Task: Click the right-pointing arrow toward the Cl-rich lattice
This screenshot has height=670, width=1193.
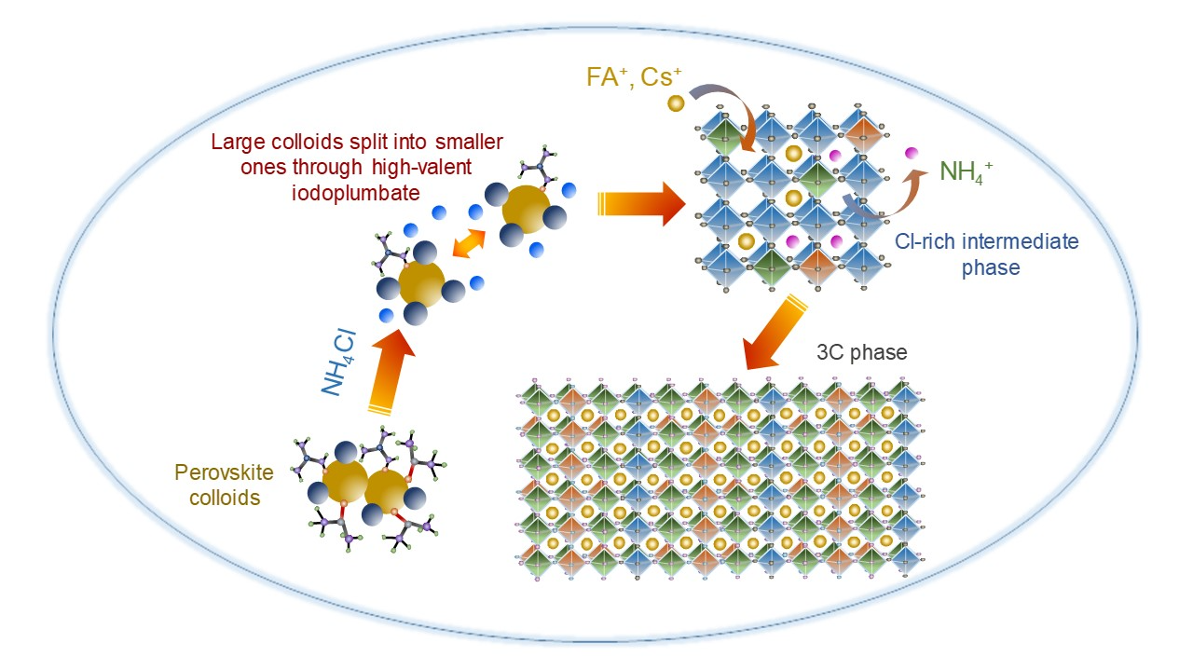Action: point(643,203)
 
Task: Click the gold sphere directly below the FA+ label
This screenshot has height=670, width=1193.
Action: point(676,102)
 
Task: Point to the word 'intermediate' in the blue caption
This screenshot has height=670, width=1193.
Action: point(988,241)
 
